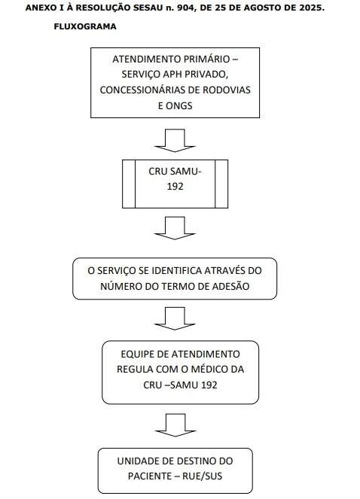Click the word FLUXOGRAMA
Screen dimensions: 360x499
tap(85, 26)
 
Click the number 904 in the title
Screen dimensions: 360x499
tap(185, 8)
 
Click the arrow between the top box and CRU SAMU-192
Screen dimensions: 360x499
tap(175, 140)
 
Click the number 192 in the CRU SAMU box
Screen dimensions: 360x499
tap(175, 187)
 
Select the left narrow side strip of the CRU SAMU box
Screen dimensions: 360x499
tap(129, 184)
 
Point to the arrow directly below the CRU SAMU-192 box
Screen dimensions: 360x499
tap(175, 228)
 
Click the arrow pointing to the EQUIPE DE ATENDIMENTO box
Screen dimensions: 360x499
tap(175, 318)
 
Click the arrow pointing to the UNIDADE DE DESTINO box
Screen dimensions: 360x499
tap(175, 425)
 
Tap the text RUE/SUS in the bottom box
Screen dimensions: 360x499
tap(202, 476)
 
